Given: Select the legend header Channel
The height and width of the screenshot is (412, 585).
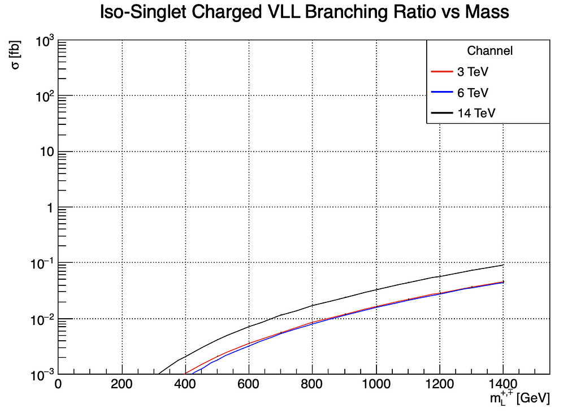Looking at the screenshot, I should click(489, 51).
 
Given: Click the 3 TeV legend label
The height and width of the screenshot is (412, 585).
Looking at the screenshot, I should click(473, 72).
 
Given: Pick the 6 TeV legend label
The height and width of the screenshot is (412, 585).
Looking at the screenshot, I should click(473, 93).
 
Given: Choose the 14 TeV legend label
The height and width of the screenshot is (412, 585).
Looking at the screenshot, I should click(475, 113).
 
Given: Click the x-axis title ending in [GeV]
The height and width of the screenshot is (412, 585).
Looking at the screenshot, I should click(519, 398).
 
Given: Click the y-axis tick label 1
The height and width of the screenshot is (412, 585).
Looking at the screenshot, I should click(49, 208).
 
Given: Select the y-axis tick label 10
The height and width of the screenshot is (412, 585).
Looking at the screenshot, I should click(45, 152).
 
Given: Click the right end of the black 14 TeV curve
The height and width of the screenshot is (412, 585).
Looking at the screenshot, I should click(503, 265).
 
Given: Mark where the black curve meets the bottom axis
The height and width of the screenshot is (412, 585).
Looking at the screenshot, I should click(159, 374).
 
